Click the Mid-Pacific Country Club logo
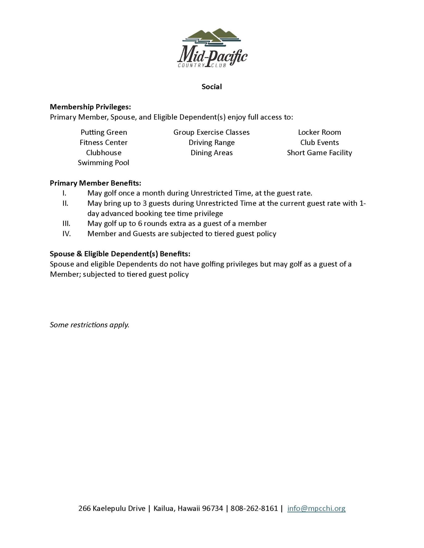pyautogui.click(x=212, y=48)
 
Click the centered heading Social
pyautogui.click(x=212, y=87)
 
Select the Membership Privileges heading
pyautogui.click(x=90, y=107)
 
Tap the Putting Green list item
pyautogui.click(x=104, y=132)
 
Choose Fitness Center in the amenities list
pyautogui.click(x=103, y=143)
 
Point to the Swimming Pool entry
pyautogui.click(x=103, y=163)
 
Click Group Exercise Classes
pyautogui.click(x=211, y=132)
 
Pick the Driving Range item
pyautogui.click(x=211, y=143)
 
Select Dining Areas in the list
pyautogui.click(x=211, y=153)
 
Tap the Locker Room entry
pyautogui.click(x=319, y=132)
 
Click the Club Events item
pyautogui.click(x=319, y=143)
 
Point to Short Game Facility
pyautogui.click(x=319, y=153)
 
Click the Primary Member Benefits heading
pyautogui.click(x=95, y=183)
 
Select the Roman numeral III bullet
pyautogui.click(x=66, y=224)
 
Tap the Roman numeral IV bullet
pyautogui.click(x=66, y=234)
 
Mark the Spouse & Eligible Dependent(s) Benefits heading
pyautogui.click(x=120, y=254)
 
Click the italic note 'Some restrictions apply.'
pyautogui.click(x=89, y=325)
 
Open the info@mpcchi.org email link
pyautogui.click(x=316, y=508)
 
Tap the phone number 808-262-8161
pyautogui.click(x=254, y=508)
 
